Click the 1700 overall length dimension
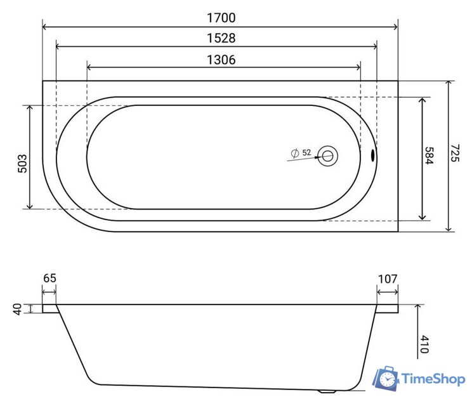pyautogui.click(x=220, y=17)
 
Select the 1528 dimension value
pyautogui.click(x=220, y=38)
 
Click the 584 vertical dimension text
pyautogui.click(x=429, y=156)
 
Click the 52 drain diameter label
pyautogui.click(x=306, y=153)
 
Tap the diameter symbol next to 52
pyautogui.click(x=294, y=153)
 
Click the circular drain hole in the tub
pyautogui.click(x=327, y=155)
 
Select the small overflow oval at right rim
pyautogui.click(x=372, y=154)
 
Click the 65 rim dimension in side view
pyautogui.click(x=50, y=278)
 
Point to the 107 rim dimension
pyautogui.click(x=387, y=278)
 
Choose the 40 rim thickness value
pyautogui.click(x=18, y=309)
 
